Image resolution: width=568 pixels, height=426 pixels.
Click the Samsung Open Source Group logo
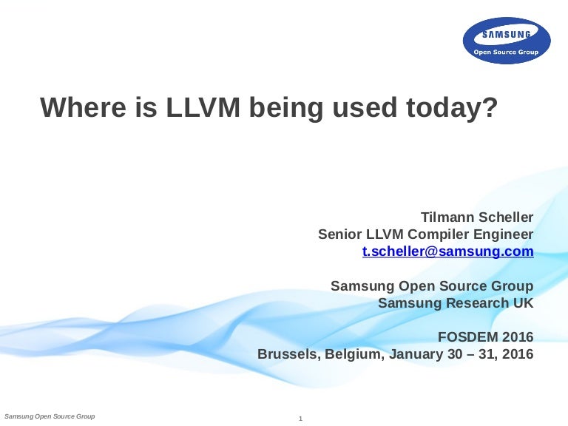click(x=507, y=41)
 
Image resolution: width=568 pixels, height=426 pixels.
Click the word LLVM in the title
click(x=203, y=108)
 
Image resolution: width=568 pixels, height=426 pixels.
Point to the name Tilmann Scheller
click(x=477, y=217)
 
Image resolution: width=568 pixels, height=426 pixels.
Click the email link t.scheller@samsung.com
click(x=447, y=251)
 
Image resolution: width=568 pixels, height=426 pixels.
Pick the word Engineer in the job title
click(x=504, y=234)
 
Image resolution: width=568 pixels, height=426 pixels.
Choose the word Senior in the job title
click(x=340, y=234)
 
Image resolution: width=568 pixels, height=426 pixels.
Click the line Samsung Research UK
click(x=456, y=302)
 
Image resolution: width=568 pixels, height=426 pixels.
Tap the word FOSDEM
click(x=467, y=337)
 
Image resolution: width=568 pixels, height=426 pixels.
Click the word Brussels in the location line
click(x=286, y=354)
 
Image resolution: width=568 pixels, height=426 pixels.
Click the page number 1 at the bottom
click(x=301, y=419)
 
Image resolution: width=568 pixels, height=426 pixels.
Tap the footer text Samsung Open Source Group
click(x=50, y=417)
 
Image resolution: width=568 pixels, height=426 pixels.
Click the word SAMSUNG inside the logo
click(x=507, y=35)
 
